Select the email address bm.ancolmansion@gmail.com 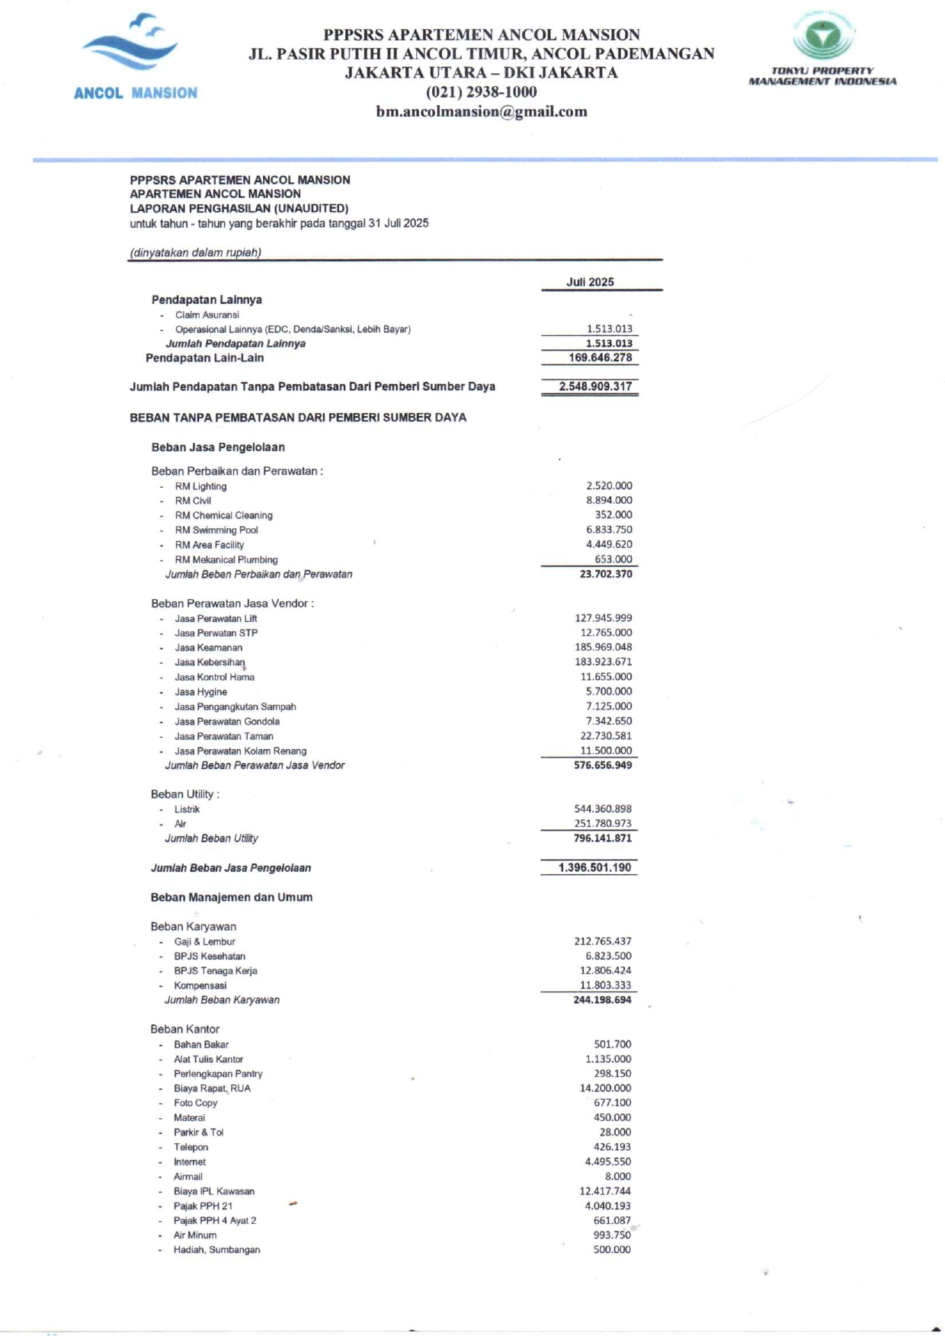(482, 111)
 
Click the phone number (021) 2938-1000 (481, 92)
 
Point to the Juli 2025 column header (590, 282)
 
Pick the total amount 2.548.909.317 (595, 386)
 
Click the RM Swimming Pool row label (216, 530)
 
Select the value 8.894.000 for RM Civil (609, 501)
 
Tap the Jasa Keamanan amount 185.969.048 (603, 647)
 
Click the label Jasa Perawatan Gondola (227, 722)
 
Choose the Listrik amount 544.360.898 (603, 809)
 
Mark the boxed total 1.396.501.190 (594, 867)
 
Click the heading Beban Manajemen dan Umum (232, 897)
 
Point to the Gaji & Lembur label (204, 942)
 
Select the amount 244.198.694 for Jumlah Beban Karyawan (602, 1000)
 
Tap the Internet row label (190, 1162)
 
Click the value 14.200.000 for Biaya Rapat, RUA (605, 1088)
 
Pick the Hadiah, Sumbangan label (216, 1250)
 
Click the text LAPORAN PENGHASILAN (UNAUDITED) (239, 208)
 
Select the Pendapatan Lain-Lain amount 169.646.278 (600, 357)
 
